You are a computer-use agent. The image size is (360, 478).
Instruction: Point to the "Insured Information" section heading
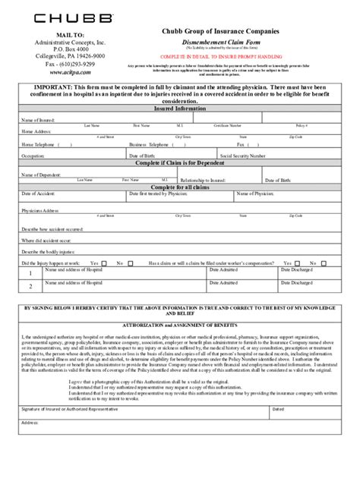coord(180,108)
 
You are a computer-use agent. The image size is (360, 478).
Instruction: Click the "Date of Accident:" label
coord(36,194)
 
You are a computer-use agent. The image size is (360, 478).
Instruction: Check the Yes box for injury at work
coord(105,264)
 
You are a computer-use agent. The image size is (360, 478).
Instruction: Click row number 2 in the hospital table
coord(30,287)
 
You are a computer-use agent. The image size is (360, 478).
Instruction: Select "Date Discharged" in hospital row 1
coord(296,269)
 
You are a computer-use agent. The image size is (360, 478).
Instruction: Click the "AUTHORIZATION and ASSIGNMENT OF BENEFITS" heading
coord(180,325)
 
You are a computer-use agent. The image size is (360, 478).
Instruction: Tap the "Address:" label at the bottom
coord(30,422)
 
